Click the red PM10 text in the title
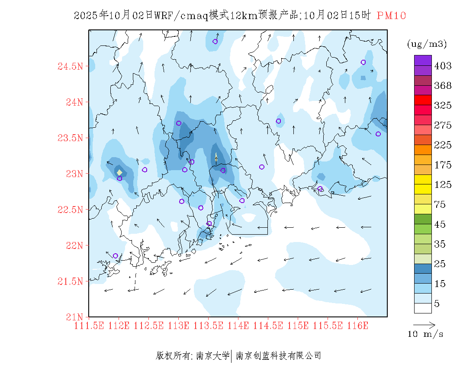(391, 16)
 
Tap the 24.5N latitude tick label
(70, 66)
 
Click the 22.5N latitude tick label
(70, 210)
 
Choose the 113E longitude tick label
(178, 326)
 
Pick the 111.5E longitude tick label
(89, 326)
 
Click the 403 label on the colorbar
(443, 66)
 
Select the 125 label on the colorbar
(443, 185)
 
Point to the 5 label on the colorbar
(437, 304)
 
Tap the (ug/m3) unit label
(427, 44)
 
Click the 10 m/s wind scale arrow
(424, 324)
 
